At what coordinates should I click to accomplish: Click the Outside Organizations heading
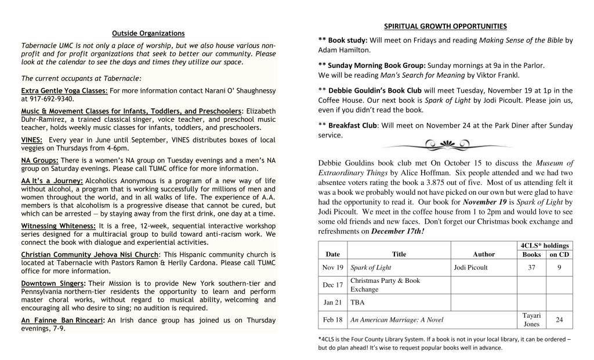(x=148, y=34)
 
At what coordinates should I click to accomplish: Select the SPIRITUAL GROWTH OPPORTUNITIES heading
(x=445, y=26)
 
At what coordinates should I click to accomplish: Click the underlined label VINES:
(x=33, y=140)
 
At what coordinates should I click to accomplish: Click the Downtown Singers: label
(x=53, y=283)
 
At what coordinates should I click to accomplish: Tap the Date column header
(x=333, y=254)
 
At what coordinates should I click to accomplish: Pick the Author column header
(x=484, y=254)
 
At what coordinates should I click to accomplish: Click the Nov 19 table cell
(x=333, y=267)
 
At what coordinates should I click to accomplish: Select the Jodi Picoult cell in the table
(x=470, y=267)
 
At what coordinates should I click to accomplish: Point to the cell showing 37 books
(x=531, y=267)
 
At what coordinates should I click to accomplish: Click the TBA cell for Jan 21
(x=357, y=302)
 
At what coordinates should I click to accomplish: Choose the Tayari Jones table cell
(x=531, y=319)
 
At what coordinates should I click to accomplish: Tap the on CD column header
(x=559, y=254)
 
